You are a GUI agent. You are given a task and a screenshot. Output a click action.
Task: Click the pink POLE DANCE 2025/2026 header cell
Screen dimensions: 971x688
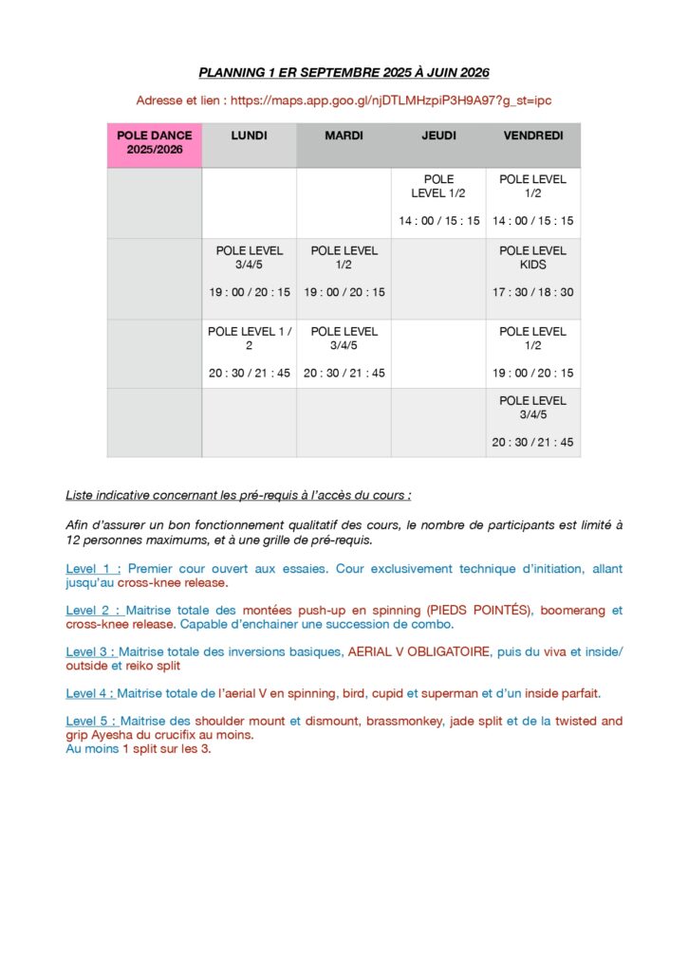154,143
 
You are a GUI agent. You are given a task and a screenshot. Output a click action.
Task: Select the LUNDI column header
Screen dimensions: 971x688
249,137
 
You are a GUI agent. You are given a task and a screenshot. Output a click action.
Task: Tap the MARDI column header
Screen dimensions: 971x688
344,137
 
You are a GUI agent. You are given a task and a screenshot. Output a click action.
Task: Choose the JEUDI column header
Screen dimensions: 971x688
438,137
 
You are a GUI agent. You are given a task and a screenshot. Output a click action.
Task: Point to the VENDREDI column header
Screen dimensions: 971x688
533,137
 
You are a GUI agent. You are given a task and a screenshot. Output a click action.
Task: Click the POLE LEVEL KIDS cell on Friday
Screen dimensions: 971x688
533,258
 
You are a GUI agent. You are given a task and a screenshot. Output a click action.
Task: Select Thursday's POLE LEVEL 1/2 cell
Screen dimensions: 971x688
438,186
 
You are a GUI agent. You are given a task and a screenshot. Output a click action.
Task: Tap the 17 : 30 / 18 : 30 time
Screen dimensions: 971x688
533,292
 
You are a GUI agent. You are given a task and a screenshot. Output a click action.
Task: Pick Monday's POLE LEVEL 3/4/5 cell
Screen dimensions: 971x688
249,258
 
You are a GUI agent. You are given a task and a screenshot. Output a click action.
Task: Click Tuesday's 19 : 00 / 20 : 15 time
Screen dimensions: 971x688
344,292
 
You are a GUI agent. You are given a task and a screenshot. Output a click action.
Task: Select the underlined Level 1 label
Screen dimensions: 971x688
92,569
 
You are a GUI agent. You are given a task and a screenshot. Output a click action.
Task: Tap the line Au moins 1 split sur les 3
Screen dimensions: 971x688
139,748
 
